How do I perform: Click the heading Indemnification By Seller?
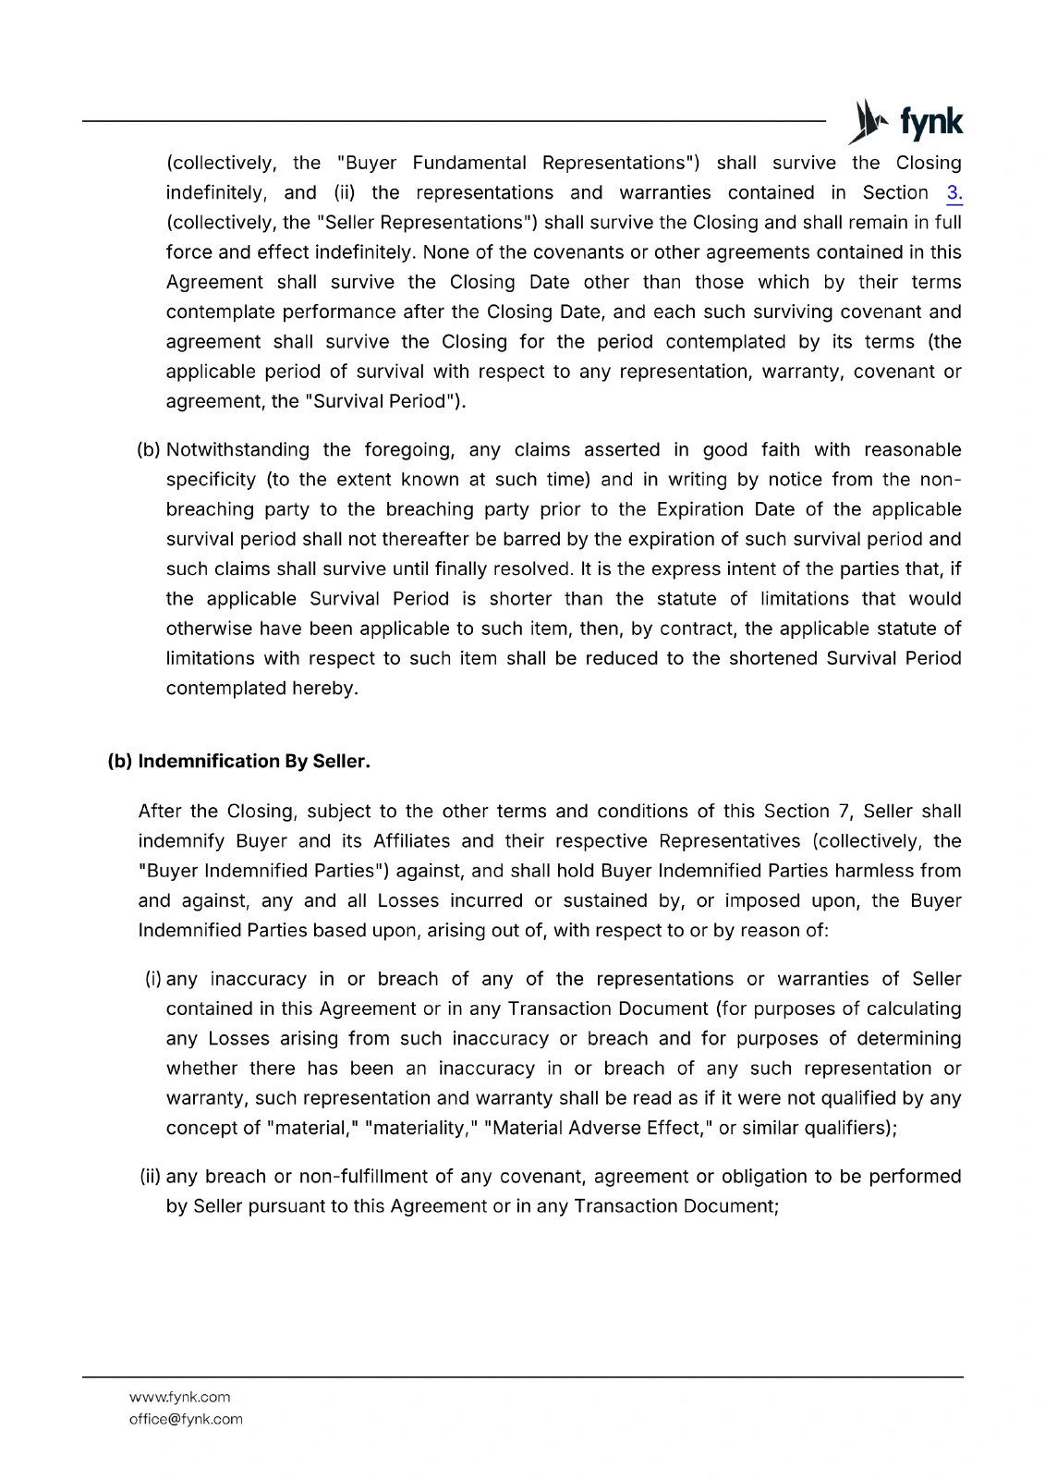coord(254,762)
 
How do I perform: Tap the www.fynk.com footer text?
coord(179,1397)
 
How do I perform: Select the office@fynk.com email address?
coord(186,1419)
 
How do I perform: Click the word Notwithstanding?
coord(237,450)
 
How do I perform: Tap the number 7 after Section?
coord(843,812)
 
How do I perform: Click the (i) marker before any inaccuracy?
coord(153,979)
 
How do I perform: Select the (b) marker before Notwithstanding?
coord(149,450)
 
